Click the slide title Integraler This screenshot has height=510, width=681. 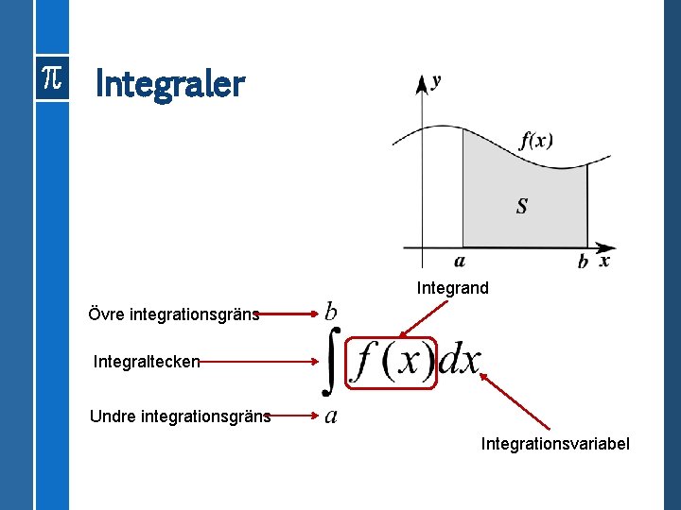170,85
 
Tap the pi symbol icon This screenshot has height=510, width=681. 51,80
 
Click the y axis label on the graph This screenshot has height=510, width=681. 435,81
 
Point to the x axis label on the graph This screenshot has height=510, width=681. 604,260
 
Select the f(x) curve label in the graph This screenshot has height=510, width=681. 536,141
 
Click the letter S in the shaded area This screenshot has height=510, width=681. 522,206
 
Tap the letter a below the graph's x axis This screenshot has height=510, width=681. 460,262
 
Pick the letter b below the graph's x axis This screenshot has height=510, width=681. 583,262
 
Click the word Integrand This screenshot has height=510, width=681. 453,288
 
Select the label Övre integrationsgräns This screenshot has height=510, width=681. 173,314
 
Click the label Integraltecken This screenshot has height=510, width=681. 147,361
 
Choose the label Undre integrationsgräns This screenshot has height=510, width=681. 180,416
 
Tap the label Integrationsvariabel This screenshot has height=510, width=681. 555,444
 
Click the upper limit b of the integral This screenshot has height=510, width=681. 331,311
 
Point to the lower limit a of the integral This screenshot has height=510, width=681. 331,416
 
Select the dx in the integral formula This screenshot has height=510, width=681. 461,361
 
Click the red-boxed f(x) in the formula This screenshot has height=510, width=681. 393,362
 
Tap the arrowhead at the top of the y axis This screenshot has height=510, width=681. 422,83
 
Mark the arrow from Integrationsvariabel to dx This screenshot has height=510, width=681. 515,401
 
